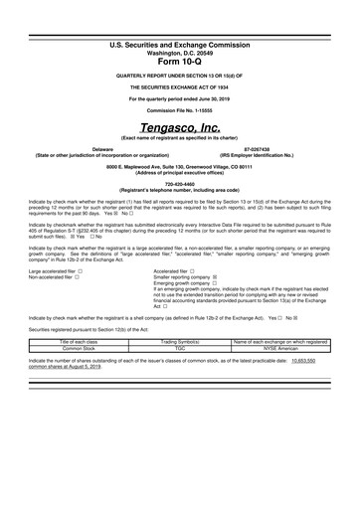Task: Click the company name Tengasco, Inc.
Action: tap(179, 128)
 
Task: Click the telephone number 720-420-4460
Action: tap(179, 184)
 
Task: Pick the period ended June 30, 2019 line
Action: tap(179, 96)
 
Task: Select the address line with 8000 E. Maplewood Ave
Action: tap(179, 166)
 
